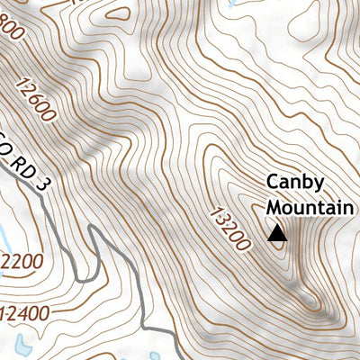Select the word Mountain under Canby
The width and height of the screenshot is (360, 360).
click(309, 208)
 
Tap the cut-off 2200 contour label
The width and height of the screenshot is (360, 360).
click(20, 262)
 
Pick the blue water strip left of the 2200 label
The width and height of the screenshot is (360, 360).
click(4, 241)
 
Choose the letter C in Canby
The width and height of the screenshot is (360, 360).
click(273, 183)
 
